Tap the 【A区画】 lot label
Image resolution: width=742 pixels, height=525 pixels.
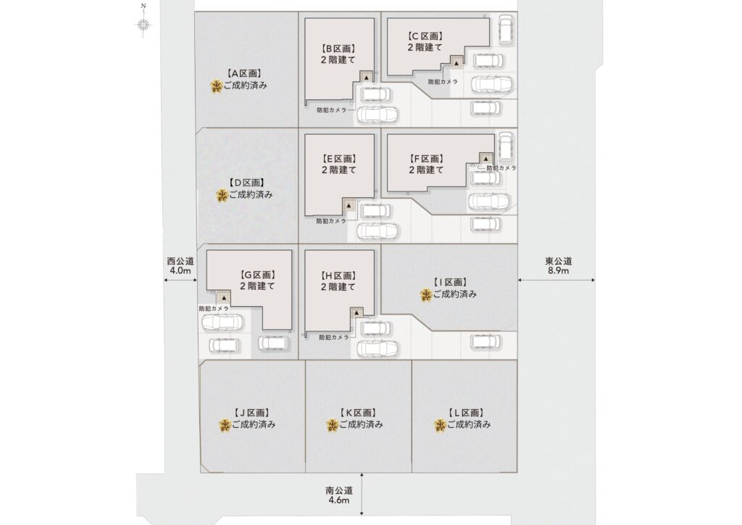coord(244,74)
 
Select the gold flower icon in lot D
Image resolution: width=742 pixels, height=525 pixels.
coord(222,195)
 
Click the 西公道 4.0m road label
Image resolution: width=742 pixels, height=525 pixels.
coord(180,265)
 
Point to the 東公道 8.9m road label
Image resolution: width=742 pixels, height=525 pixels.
coord(559,265)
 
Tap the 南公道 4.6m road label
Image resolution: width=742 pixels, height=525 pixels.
coord(339,495)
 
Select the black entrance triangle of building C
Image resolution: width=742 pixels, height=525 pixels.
coord(457,62)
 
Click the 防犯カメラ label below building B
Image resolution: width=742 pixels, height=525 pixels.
coord(331,110)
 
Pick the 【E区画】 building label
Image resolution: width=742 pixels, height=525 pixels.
coord(338,160)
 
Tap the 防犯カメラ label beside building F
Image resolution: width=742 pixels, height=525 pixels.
coord(501,168)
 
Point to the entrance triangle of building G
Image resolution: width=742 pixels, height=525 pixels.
coord(224,299)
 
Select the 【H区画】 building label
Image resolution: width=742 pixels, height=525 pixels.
coord(338,276)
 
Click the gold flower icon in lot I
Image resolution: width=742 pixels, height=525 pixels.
coord(426,295)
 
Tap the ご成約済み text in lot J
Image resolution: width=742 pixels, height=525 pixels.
coord(254,425)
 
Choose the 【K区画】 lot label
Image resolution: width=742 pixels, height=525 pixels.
coord(358,413)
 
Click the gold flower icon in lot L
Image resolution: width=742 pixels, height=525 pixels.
coord(440,426)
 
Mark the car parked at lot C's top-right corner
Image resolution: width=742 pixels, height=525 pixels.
coord(506,30)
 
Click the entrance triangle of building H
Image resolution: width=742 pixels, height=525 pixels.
coord(356,313)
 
